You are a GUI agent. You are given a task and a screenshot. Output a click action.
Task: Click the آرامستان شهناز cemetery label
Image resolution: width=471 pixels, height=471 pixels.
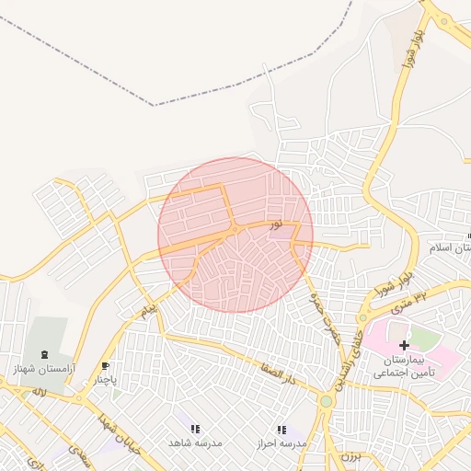[x=42, y=368]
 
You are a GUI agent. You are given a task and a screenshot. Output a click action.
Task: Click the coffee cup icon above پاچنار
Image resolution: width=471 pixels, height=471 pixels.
[x=105, y=365]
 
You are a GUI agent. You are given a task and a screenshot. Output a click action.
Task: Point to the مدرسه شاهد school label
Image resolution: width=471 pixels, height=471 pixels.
[x=195, y=442]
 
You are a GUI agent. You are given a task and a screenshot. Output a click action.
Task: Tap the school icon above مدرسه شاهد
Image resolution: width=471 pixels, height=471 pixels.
[x=195, y=429]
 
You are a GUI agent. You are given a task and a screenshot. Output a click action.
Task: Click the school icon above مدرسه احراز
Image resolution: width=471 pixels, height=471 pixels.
[x=281, y=429]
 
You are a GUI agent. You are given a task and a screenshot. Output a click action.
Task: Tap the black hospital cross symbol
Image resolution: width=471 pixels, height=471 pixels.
[x=404, y=345]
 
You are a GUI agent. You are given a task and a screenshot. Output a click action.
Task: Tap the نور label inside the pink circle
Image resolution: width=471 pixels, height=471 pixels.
[x=276, y=224]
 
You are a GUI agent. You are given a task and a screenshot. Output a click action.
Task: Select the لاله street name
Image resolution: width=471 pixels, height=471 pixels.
[x=40, y=392]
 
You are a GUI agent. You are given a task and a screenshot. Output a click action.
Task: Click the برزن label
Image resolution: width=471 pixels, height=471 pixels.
[x=348, y=456]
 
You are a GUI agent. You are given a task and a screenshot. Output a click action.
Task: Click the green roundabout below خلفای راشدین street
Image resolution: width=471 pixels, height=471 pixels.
[x=326, y=401]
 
